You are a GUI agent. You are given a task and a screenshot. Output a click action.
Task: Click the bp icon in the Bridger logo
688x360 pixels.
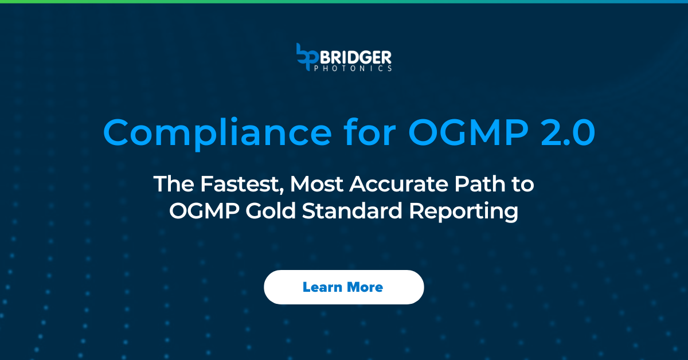point(306,57)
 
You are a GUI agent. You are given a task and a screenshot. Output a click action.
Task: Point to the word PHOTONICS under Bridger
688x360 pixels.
point(353,68)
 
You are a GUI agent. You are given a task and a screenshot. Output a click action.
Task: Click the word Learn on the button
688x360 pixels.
point(322,287)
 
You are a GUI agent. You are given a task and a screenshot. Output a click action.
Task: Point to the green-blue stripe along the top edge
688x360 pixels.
point(344,1)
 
